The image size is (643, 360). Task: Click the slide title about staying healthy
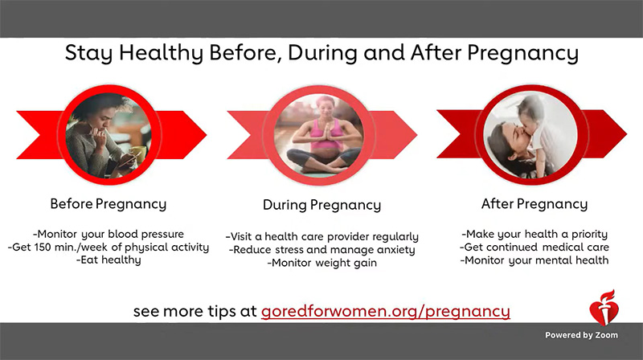[x=321, y=55]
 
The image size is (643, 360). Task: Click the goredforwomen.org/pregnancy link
[x=385, y=310]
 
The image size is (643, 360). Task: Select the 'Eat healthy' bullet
[x=109, y=260]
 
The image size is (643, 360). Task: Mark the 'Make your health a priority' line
[x=534, y=233]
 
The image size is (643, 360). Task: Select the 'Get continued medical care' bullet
[x=534, y=247]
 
